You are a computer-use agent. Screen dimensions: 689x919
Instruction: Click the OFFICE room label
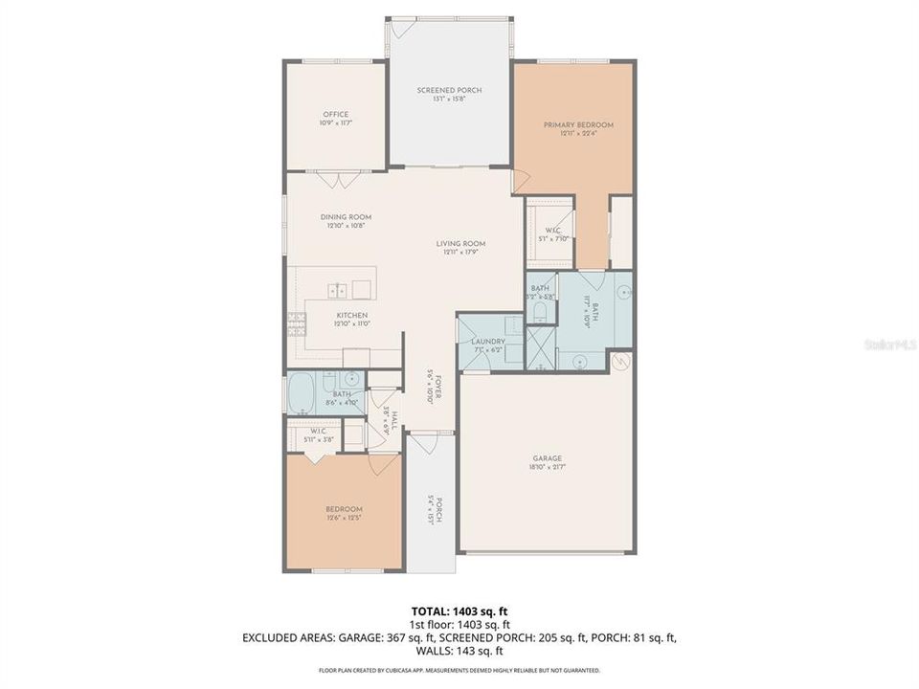[335, 115]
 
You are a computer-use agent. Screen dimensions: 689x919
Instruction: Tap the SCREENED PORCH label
[449, 90]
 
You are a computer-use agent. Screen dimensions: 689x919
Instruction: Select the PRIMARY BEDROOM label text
[578, 125]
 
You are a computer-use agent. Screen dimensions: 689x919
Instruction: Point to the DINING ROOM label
[346, 217]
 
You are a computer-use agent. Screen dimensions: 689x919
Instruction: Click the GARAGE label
[548, 458]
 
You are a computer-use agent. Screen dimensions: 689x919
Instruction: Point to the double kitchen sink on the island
[337, 288]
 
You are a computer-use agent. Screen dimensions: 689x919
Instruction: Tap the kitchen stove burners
[296, 323]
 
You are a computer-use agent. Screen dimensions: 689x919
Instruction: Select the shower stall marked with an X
[541, 346]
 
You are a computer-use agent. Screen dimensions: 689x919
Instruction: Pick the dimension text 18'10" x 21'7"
[548, 468]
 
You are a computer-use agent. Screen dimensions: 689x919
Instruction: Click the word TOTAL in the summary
[427, 610]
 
